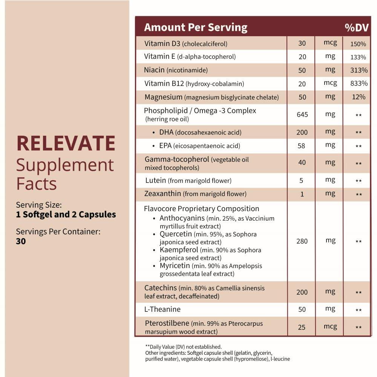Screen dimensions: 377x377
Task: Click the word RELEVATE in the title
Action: tap(66, 143)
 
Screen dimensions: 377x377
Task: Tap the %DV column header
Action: tap(356, 28)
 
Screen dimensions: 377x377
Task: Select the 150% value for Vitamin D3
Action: tap(358, 44)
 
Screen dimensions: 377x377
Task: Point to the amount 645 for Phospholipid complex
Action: tap(302, 115)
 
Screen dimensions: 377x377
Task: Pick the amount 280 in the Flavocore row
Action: tap(302, 241)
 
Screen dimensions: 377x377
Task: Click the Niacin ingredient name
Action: tap(154, 70)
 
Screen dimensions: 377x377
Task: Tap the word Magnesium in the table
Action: tap(163, 97)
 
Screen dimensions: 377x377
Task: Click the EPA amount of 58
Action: tap(301, 146)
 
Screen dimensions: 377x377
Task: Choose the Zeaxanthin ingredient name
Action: tap(163, 194)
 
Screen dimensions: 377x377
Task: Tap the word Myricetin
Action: tap(175, 266)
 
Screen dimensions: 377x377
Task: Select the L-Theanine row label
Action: tap(162, 309)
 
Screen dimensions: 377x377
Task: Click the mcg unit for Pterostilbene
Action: tap(330, 326)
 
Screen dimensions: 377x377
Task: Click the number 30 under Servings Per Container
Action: tap(21, 241)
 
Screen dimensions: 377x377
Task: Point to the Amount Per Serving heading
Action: tap(196, 28)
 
